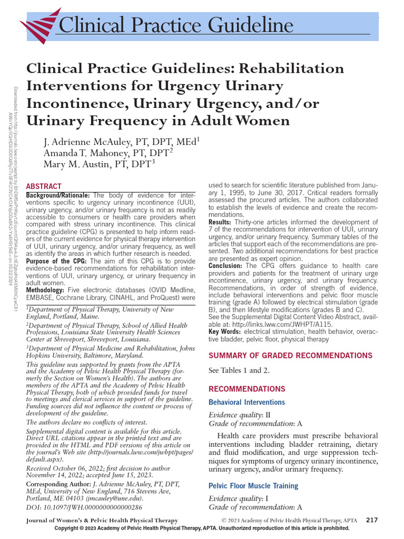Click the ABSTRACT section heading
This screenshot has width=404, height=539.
click(x=44, y=186)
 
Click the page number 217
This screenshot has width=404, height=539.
click(x=372, y=520)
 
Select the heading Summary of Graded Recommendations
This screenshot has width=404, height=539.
click(x=290, y=355)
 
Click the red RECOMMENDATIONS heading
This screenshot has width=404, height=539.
click(x=247, y=389)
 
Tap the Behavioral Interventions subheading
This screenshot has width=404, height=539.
click(x=247, y=402)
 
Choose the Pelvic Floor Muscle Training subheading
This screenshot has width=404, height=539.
click(x=254, y=486)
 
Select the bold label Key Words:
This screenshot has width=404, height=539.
click(x=225, y=332)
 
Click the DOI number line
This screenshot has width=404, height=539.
click(x=84, y=507)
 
